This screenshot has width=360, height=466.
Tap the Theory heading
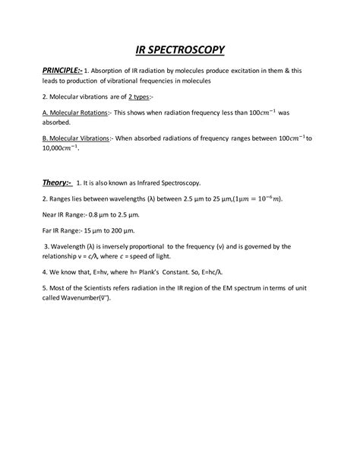pos(56,182)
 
